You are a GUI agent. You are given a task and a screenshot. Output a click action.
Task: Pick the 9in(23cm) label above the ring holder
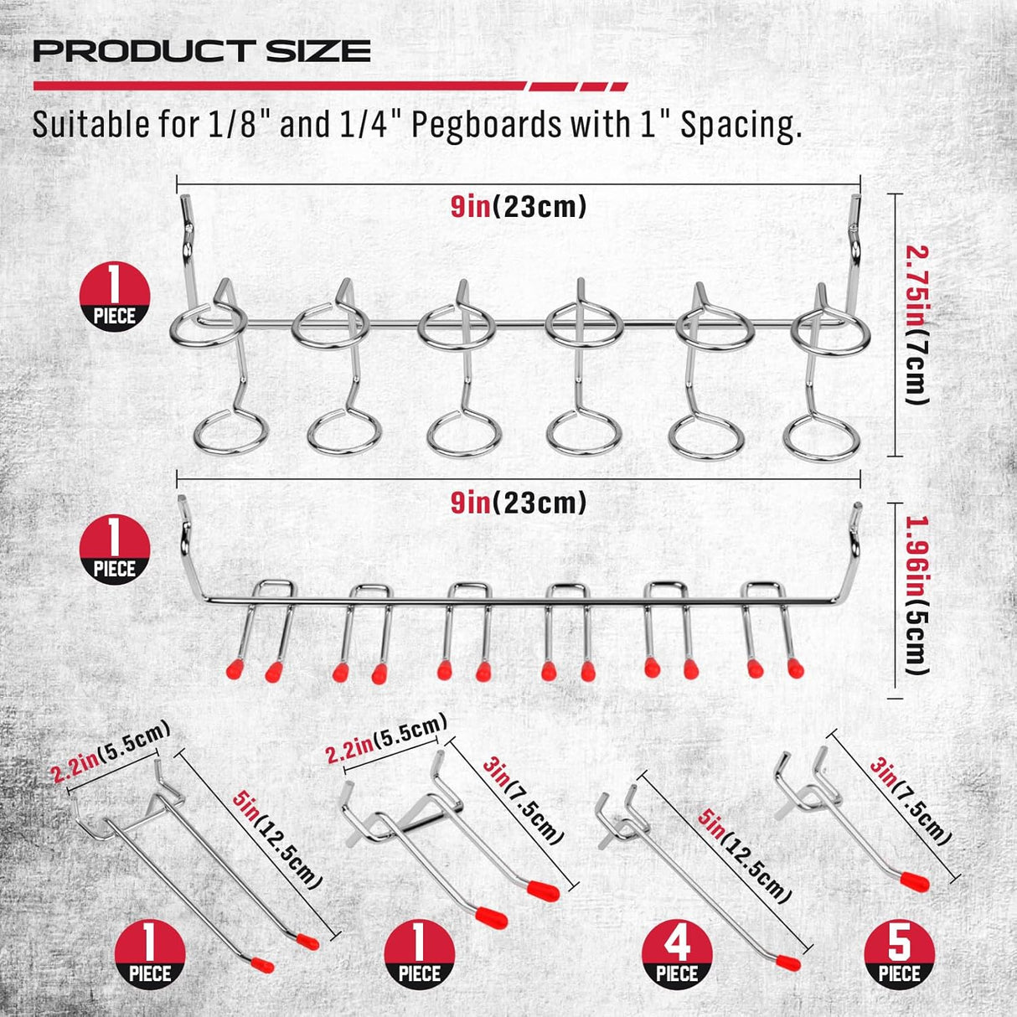click(518, 206)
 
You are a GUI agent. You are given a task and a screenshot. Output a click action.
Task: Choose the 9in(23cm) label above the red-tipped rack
click(518, 503)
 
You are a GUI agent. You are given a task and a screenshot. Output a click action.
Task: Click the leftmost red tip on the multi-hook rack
click(234, 669)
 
